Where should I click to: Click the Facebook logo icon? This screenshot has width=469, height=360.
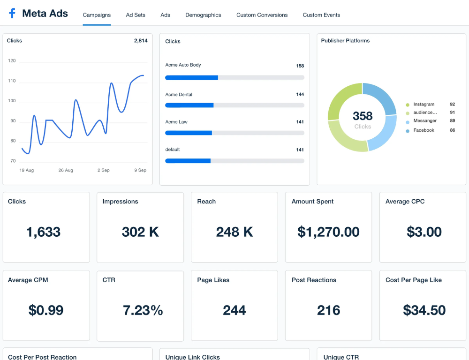point(12,14)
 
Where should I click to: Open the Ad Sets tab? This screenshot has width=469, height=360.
point(136,15)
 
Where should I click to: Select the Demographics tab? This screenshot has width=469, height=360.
point(203,15)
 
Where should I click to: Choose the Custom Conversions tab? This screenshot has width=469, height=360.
point(262,15)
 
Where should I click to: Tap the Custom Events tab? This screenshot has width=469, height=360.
point(321,15)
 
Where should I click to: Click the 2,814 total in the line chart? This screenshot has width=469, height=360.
point(141,41)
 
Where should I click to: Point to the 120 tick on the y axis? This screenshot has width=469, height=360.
point(12,61)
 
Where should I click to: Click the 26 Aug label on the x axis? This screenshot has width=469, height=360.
point(66,170)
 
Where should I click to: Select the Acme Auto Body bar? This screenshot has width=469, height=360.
point(191,77)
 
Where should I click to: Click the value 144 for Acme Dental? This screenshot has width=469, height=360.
point(300,95)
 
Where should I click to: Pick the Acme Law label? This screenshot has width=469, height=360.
point(176,122)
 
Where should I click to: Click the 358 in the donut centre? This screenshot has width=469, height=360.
point(363,116)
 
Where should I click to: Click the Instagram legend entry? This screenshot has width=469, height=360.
point(424,105)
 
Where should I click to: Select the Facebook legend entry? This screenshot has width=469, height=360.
point(424,130)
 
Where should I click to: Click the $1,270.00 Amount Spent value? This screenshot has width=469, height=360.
point(328,232)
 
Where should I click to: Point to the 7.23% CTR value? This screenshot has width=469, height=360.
point(143,310)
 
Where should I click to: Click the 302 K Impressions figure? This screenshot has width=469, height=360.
point(140,232)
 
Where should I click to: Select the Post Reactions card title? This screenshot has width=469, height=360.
point(314,280)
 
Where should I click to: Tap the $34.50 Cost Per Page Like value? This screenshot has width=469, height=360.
point(424,310)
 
